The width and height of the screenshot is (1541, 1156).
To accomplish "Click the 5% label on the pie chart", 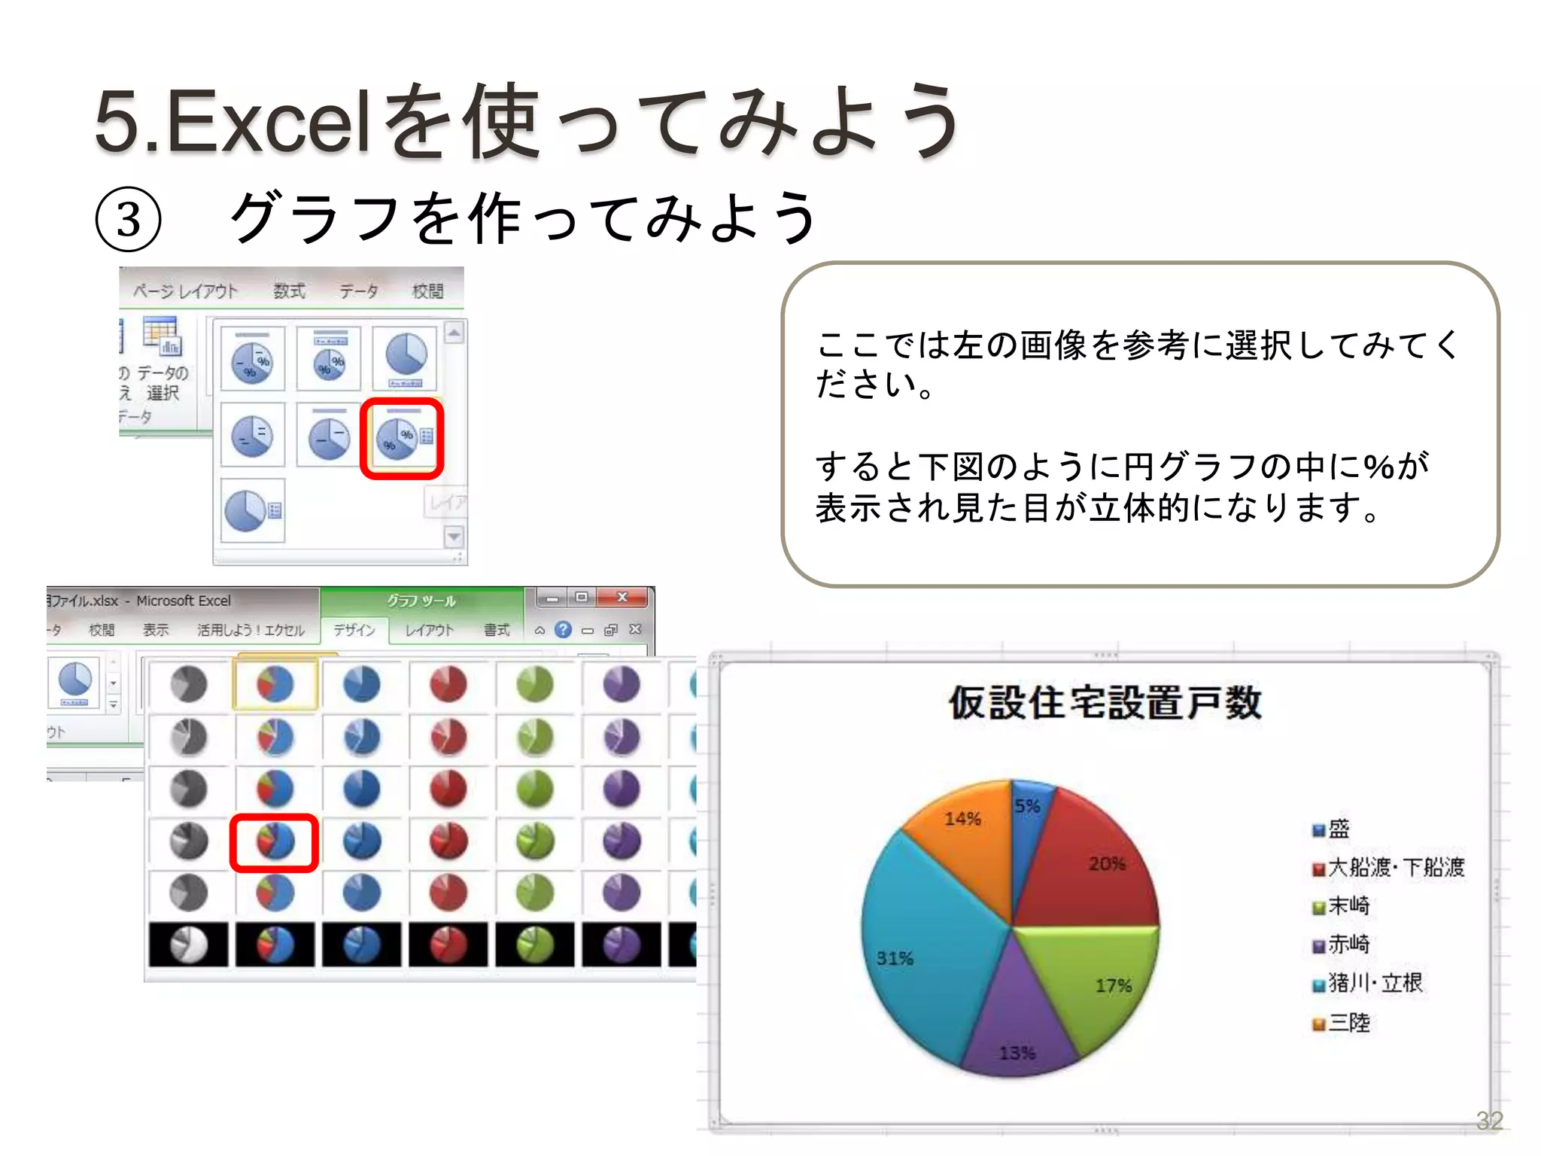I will pos(1027,806).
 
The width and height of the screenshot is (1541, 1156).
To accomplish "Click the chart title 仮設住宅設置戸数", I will pos(1105,703).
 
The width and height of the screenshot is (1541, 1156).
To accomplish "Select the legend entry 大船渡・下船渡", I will pos(1396,868).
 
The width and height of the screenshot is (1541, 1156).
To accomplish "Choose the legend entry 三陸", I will pos(1348,1023).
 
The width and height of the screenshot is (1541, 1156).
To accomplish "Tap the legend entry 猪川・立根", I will pos(1375,983).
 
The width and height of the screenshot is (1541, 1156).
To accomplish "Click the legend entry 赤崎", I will pos(1348,945).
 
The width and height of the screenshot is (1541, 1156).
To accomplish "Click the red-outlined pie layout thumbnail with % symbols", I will pos(402,439).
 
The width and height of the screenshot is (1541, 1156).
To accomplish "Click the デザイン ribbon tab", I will pos(354,630).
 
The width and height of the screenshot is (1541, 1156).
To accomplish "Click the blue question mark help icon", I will pos(563,630).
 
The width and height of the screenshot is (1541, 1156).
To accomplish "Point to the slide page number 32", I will pos(1489,1121).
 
